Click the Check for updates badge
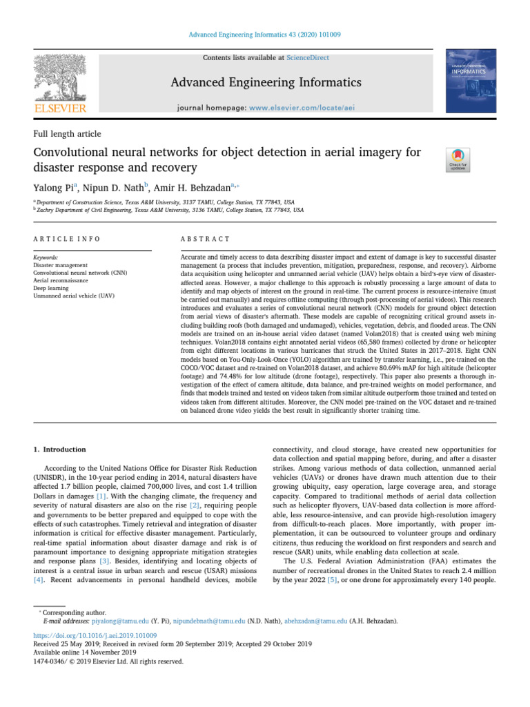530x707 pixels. (458, 159)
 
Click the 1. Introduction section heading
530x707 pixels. (61, 449)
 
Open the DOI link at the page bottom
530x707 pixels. (95, 635)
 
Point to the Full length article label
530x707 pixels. (67, 133)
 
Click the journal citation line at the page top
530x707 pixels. (265, 35)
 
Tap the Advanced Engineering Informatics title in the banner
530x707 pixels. (265, 83)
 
